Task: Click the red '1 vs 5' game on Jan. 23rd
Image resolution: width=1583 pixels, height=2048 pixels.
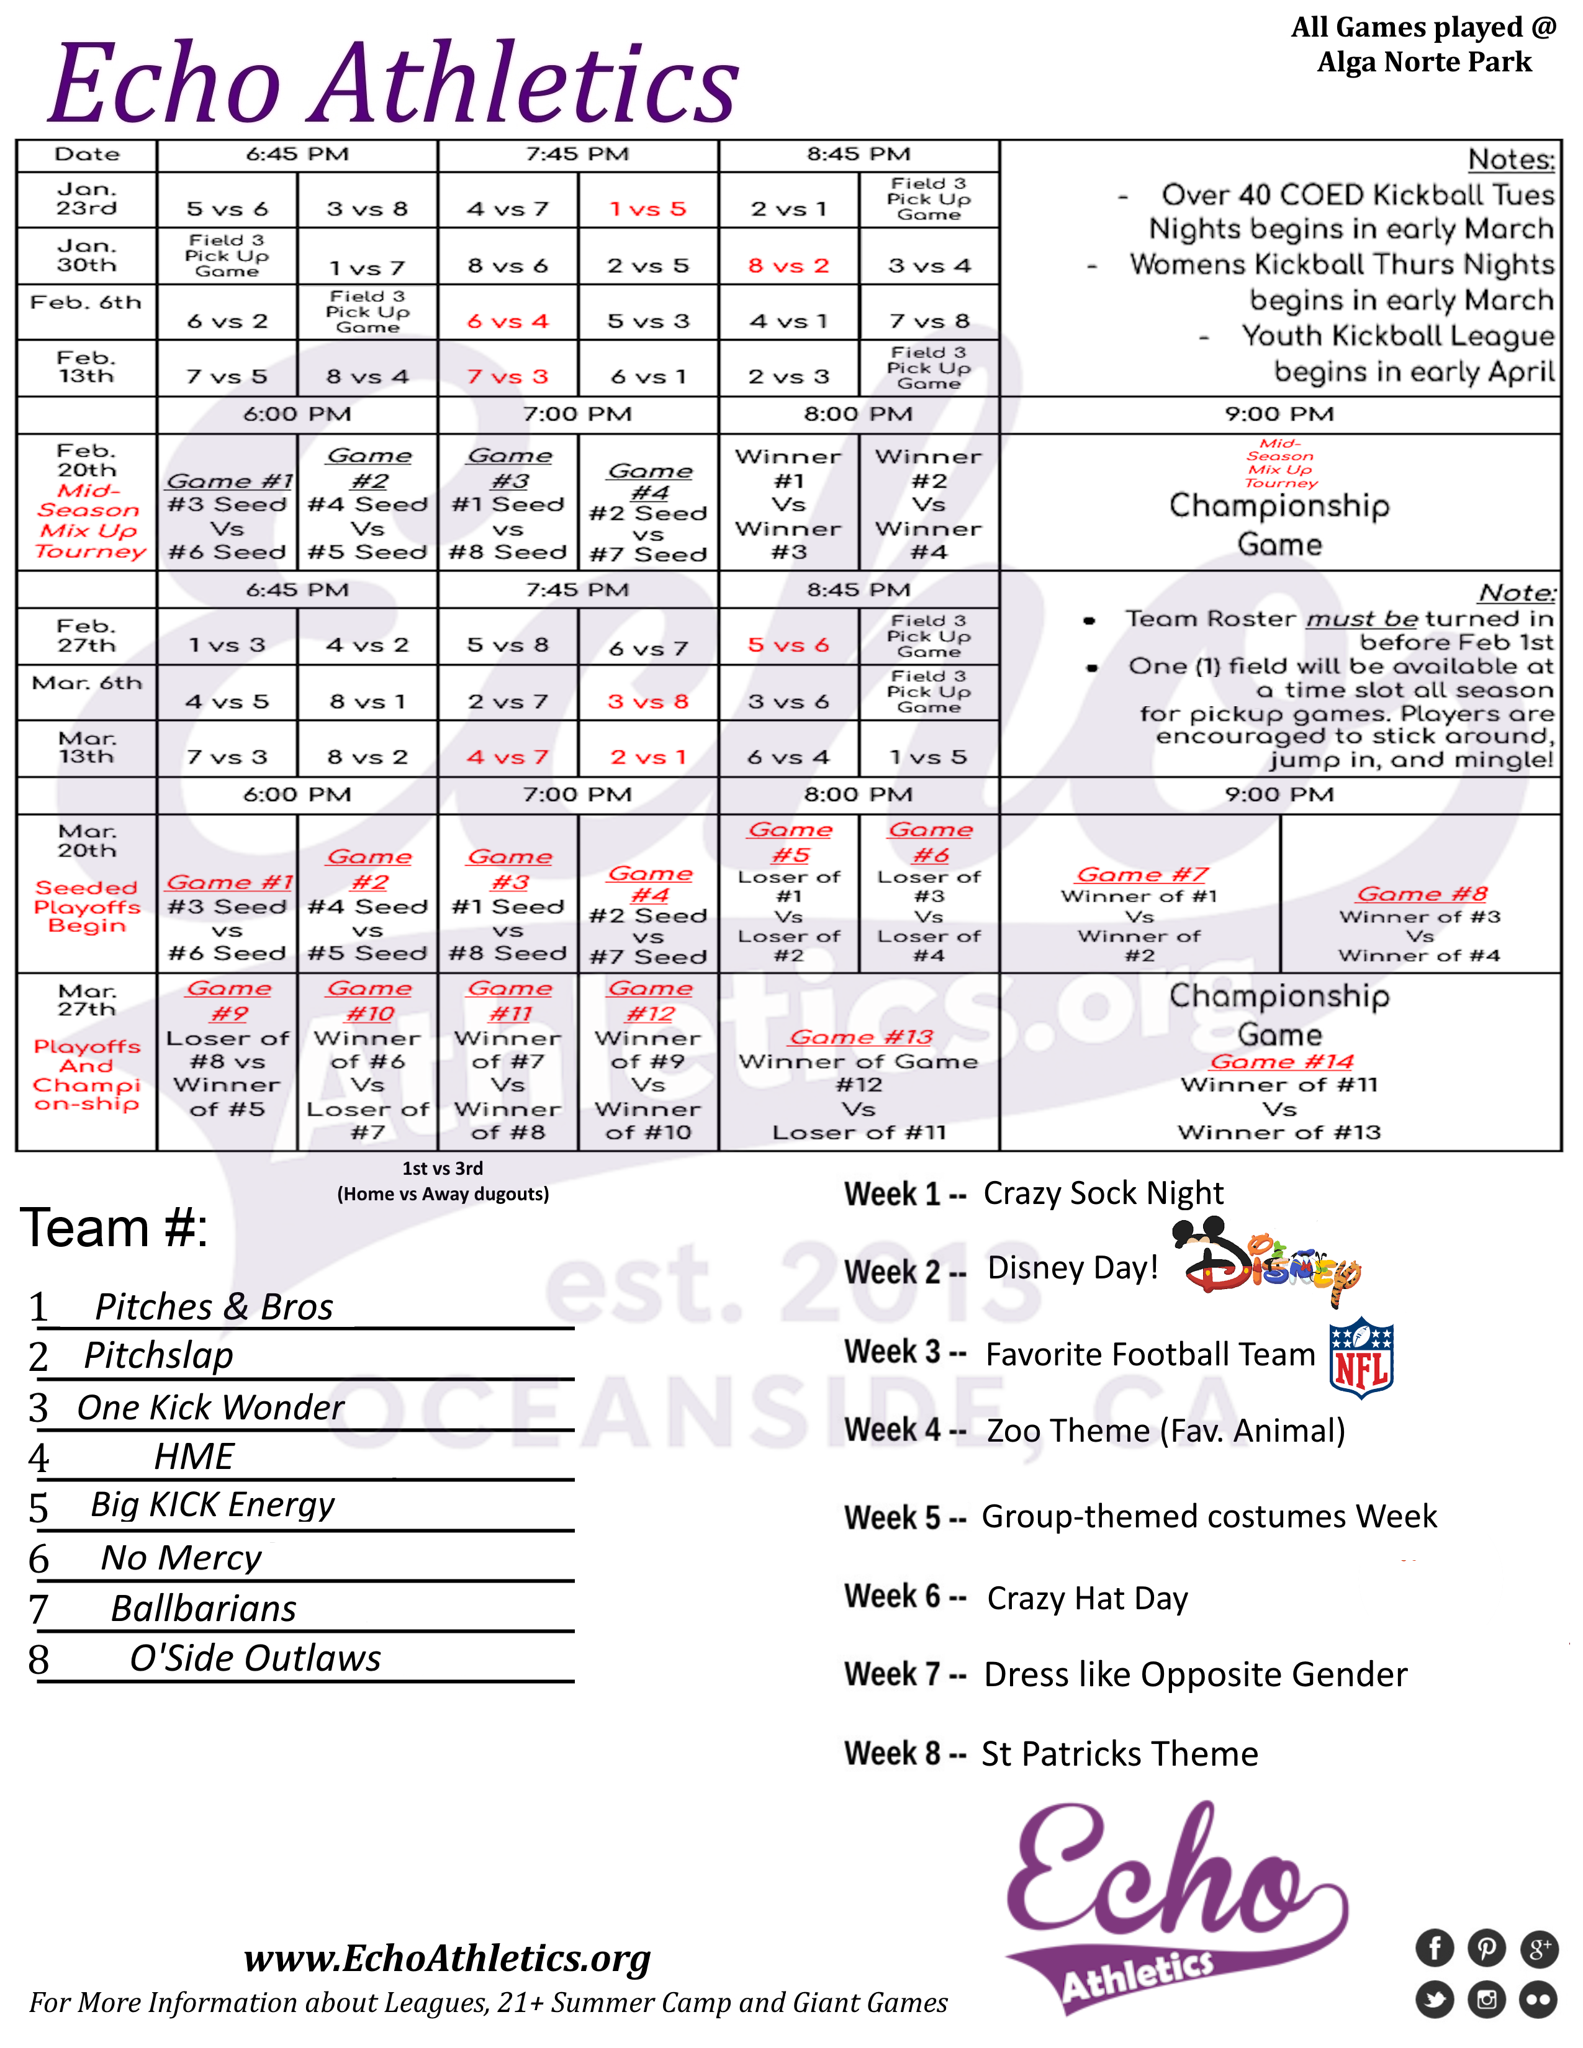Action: (x=648, y=209)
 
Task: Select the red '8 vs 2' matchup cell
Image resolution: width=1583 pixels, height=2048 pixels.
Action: (x=788, y=266)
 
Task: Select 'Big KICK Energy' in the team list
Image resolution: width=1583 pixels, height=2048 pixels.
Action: (x=212, y=1504)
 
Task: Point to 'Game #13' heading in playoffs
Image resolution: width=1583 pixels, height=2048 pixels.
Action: (x=860, y=1037)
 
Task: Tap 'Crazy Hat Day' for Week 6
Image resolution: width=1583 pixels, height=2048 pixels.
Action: (x=1087, y=1598)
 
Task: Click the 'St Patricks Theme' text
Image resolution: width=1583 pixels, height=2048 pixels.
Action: (x=1120, y=1754)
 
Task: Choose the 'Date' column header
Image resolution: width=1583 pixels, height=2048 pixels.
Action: (x=87, y=155)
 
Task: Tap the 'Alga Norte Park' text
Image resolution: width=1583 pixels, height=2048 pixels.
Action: (x=1423, y=63)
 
